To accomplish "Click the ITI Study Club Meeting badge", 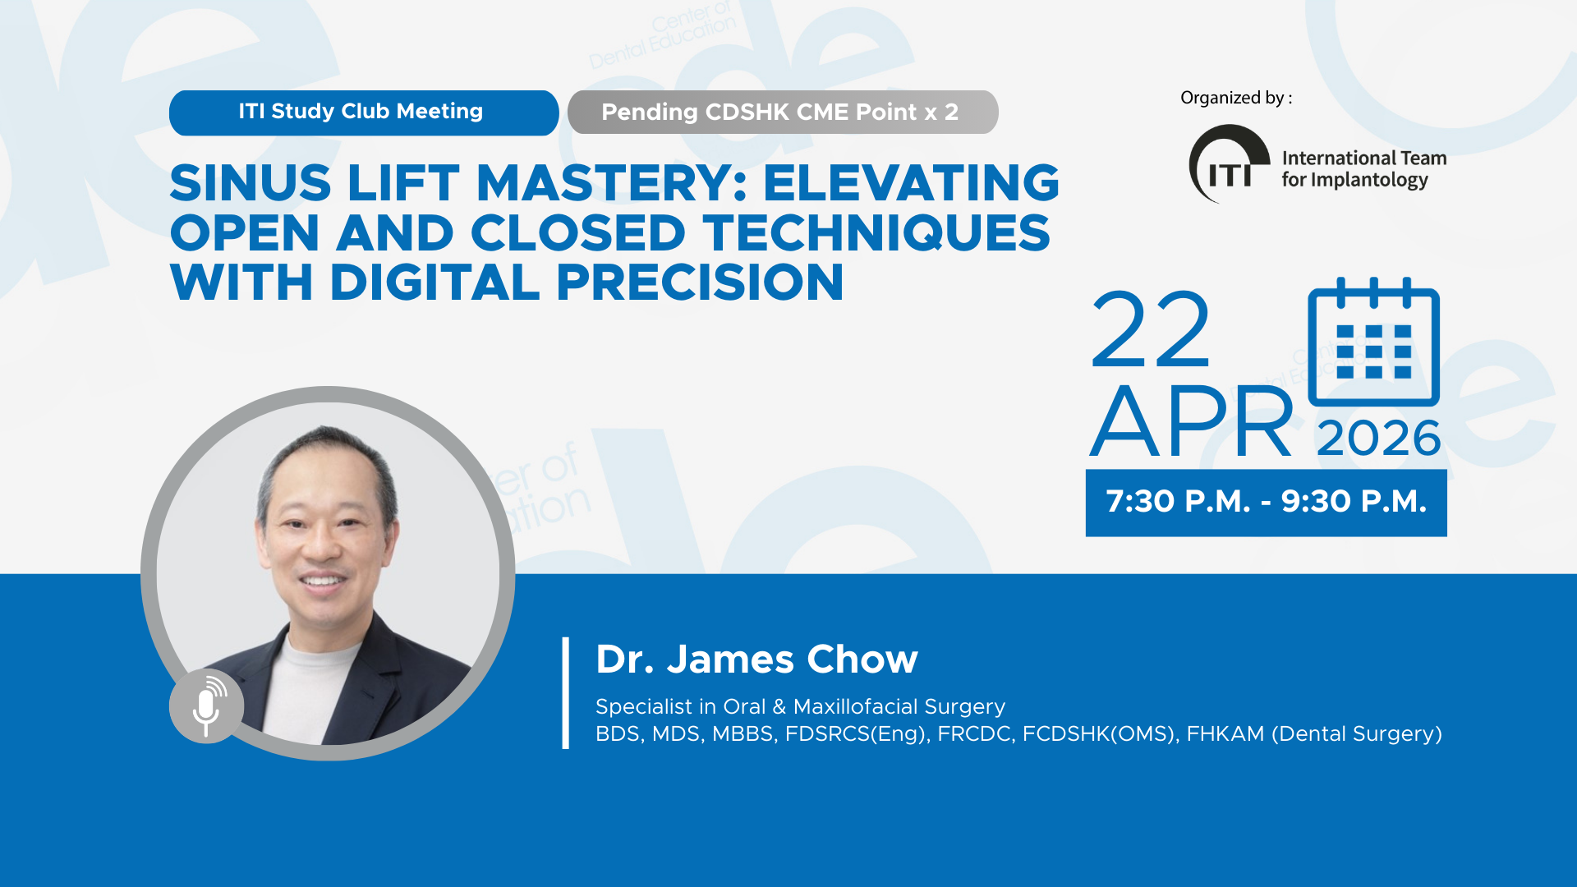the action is click(364, 113).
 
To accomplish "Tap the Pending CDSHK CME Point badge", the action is click(783, 113).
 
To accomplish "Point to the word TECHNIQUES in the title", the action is click(876, 233).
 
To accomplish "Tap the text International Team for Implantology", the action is click(1363, 168).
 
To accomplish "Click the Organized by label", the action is click(1236, 98).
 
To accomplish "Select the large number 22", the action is click(1150, 330).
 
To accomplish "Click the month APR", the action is click(1192, 422).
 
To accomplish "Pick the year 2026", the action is click(1379, 439).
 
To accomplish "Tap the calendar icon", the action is click(1373, 342).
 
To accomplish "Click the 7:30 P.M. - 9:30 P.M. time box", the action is click(1266, 503).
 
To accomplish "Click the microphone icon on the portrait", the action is click(206, 706).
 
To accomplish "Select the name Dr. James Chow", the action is click(756, 659).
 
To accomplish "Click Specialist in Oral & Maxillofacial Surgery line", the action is click(800, 706).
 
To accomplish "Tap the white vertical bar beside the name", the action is click(566, 692).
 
